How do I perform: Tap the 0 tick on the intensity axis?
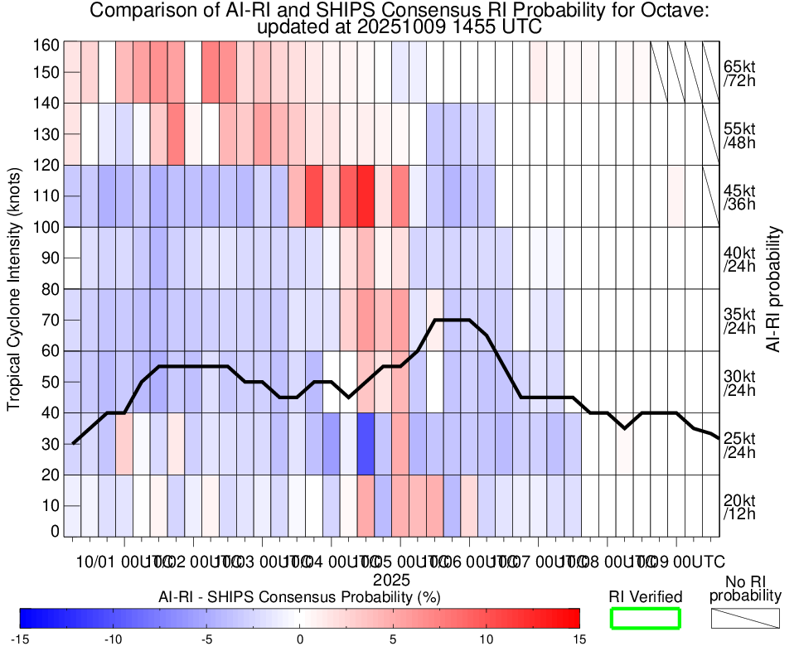click(55, 531)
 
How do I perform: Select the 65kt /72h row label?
click(739, 73)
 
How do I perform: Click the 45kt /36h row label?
click(739, 196)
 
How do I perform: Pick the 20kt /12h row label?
click(739, 506)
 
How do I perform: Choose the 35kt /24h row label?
click(739, 321)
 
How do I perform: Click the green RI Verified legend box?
click(645, 618)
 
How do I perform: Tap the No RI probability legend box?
click(745, 618)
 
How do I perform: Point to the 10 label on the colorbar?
click(486, 639)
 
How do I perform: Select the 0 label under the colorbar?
click(300, 639)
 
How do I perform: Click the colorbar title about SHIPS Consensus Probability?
click(299, 596)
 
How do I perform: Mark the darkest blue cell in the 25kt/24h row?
click(366, 444)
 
